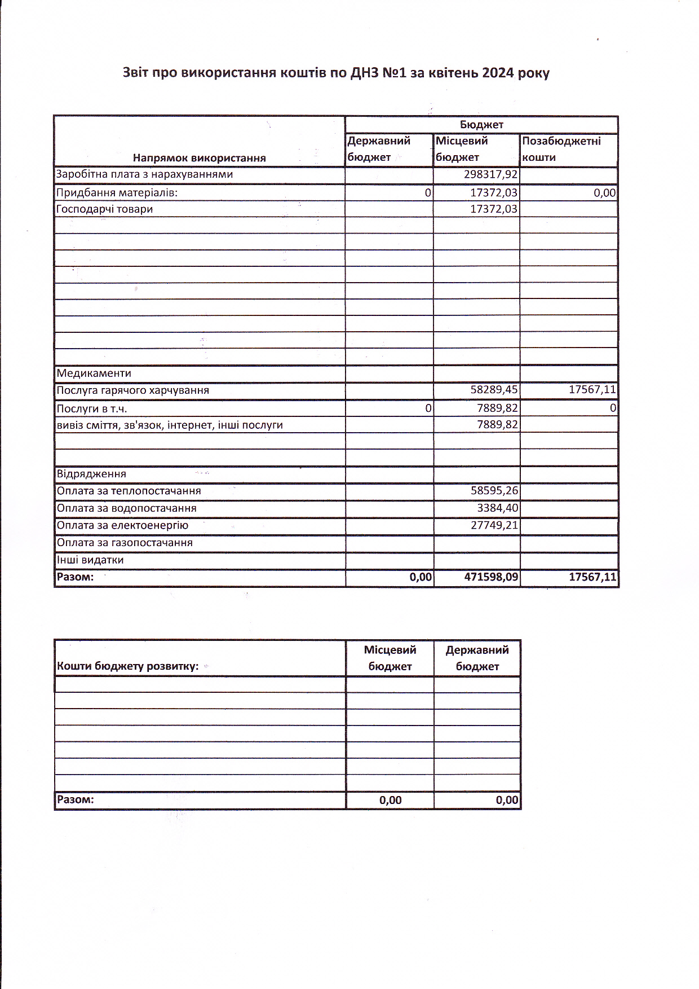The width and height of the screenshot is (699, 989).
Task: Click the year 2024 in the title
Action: pos(498,73)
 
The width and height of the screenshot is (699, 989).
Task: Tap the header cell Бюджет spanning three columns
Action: pos(481,125)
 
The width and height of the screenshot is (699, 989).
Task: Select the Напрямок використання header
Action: pos(199,158)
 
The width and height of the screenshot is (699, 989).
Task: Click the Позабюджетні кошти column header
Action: pos(561,149)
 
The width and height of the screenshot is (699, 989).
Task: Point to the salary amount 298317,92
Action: pos(490,174)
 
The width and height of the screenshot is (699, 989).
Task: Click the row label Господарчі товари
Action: pos(105,209)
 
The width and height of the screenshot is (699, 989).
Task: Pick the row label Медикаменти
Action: pos(94,373)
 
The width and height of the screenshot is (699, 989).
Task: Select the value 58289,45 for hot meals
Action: pos(494,390)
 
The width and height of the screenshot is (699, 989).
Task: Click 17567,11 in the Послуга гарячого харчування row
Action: pos(592,390)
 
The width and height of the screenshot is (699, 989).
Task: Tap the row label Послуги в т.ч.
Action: pos(92,409)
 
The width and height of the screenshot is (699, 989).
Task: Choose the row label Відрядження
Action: pos(91,474)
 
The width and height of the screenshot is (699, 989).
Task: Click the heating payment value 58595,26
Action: pos(494,491)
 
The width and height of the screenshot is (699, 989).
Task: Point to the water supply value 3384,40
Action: pos(497,508)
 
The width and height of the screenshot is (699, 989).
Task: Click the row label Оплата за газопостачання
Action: pos(125,543)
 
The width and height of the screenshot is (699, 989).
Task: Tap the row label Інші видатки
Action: pos(90,560)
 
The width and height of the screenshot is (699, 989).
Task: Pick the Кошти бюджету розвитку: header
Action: pos(128,666)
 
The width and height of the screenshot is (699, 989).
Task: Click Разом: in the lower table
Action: pos(76,800)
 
